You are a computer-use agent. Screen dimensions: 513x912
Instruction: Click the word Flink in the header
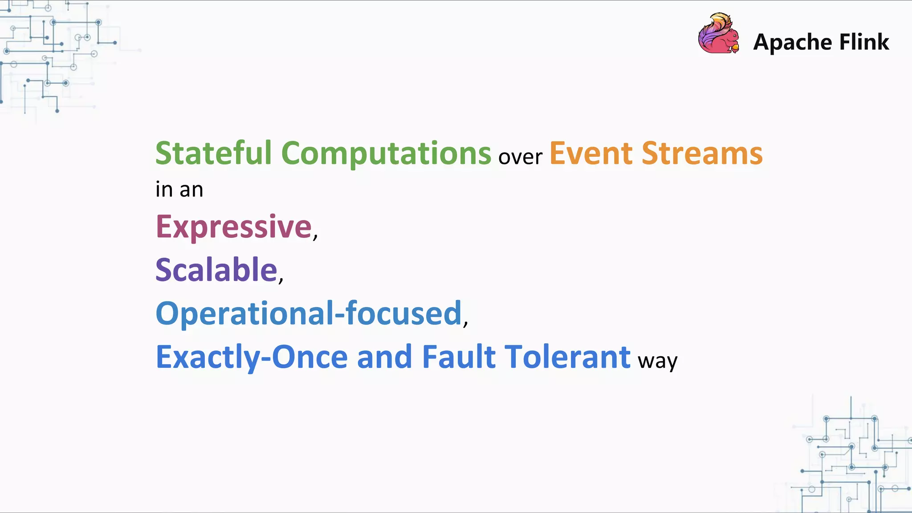[x=864, y=42]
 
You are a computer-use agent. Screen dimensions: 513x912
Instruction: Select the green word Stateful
[x=213, y=153]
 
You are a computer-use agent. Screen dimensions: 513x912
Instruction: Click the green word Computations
[x=386, y=154]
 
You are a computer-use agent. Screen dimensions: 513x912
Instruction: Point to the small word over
[x=520, y=157]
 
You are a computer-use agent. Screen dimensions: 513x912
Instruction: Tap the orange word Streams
[x=702, y=153]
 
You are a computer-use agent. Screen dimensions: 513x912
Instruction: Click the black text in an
[x=179, y=190]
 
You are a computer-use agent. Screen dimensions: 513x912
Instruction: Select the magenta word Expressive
[x=233, y=227]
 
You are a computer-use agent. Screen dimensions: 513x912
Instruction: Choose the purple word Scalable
[x=216, y=270]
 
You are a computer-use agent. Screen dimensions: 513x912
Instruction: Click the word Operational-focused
[x=308, y=313]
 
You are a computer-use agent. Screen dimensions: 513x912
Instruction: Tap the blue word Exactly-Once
[x=252, y=357]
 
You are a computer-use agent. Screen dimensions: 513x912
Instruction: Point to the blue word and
[x=384, y=357]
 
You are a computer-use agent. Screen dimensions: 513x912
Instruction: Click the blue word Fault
[x=458, y=357]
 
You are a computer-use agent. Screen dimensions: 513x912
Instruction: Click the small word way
[x=657, y=361]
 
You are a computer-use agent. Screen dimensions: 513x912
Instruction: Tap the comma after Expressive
[x=315, y=236]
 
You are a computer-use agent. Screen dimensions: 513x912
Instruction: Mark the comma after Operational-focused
[x=465, y=323]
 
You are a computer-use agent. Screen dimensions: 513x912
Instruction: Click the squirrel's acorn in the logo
[x=735, y=47]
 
